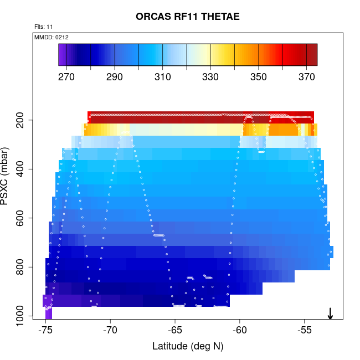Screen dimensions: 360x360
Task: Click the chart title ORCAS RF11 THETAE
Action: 188,17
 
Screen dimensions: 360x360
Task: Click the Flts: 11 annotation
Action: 44,27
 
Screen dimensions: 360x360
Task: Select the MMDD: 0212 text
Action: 52,37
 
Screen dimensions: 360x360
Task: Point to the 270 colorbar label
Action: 66,77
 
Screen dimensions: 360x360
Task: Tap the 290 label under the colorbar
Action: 115,77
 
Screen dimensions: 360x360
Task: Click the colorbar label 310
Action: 162,77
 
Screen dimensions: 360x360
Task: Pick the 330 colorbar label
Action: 210,77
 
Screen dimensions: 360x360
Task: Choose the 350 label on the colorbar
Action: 259,77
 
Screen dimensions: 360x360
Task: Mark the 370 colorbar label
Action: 306,77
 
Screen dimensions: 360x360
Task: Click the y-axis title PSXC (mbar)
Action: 7,176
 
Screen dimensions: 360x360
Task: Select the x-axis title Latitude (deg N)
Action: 188,346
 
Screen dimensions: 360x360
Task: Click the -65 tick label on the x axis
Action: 175,331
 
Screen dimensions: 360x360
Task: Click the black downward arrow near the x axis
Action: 330,313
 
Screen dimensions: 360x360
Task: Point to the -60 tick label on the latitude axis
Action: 240,331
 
